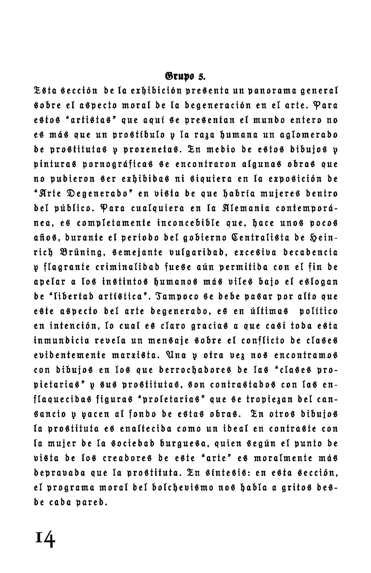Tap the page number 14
coord(45,540)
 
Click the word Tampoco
coord(177,297)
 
